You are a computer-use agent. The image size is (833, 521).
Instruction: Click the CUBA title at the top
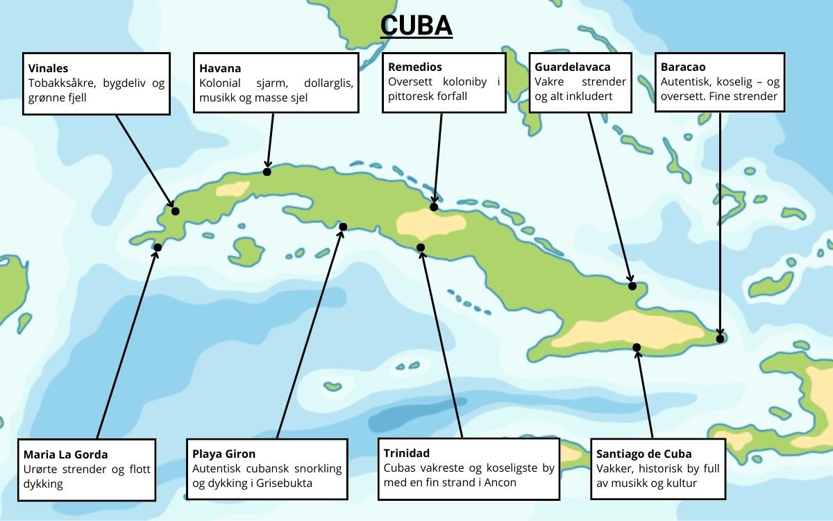point(416,26)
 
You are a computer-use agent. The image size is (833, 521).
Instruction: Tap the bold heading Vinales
point(49,68)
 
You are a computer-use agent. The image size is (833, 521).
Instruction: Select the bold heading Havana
point(220,68)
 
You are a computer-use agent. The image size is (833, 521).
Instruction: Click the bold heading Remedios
point(415,67)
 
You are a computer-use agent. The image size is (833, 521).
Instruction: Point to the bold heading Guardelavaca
point(573,67)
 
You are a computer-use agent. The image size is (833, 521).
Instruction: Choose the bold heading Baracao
point(683,67)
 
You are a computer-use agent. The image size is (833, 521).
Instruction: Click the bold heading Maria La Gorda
point(65,454)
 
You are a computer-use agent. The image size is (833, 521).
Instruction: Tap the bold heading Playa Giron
point(224,454)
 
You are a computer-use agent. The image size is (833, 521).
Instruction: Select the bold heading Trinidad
point(407,453)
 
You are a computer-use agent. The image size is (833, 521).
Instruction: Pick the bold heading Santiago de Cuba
point(644,454)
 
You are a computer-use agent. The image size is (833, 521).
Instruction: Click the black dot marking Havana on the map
point(267,172)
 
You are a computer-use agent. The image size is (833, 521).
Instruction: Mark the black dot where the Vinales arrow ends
point(176,211)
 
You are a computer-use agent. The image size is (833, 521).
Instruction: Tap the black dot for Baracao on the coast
point(721,339)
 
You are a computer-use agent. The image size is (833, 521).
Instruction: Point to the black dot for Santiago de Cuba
point(637,347)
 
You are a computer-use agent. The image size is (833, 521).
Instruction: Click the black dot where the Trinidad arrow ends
point(421,247)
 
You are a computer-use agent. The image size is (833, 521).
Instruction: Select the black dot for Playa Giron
point(343,226)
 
